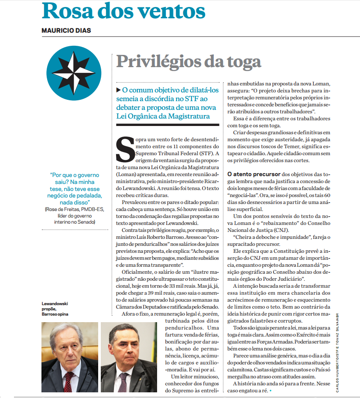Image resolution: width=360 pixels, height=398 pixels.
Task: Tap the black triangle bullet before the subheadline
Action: pyautogui.click(x=118, y=90)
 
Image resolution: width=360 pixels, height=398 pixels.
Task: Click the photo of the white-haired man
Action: pyautogui.click(x=70, y=357)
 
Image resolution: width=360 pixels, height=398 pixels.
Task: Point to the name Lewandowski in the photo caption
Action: pyautogui.click(x=55, y=303)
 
